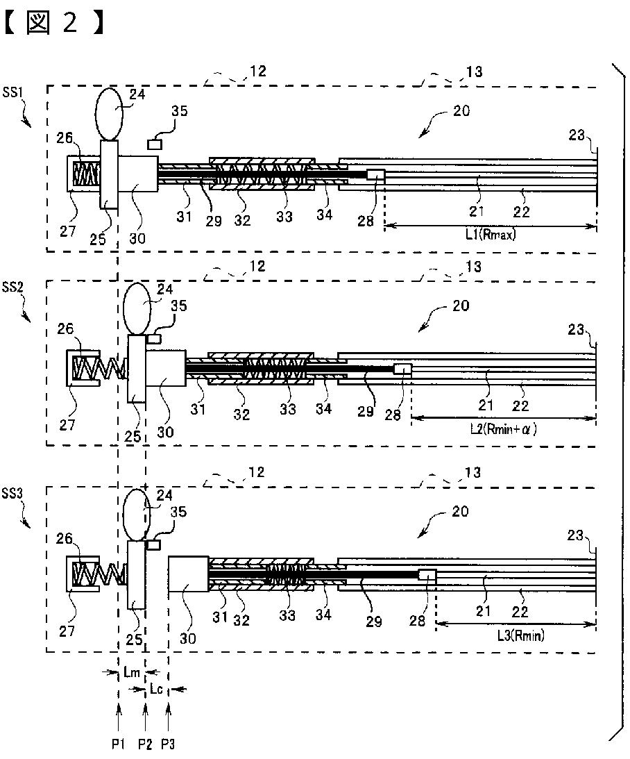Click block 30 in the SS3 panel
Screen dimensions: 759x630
pos(188,576)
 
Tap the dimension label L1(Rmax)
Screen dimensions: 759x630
pos(491,235)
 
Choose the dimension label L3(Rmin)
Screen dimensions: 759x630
pos(517,634)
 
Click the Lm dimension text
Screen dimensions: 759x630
pos(132,672)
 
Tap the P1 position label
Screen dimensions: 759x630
pos(119,744)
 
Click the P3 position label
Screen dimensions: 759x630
pos(168,744)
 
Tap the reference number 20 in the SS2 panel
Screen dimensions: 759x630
pos(460,306)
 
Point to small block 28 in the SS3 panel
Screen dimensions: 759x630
pos(427,576)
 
